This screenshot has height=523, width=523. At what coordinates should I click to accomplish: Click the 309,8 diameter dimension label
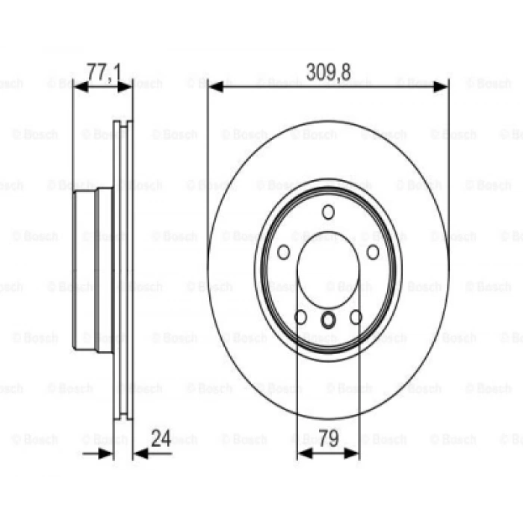328,72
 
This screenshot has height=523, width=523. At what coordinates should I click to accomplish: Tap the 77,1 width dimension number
104,72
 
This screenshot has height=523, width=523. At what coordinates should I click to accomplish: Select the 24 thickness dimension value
161,439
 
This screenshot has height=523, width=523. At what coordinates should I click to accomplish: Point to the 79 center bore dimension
329,439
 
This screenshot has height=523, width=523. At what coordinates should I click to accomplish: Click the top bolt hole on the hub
328,212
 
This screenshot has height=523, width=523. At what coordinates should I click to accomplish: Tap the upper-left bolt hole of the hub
283,253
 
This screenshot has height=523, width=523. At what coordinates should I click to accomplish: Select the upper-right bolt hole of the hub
373,253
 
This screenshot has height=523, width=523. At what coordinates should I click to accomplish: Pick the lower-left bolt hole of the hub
300,318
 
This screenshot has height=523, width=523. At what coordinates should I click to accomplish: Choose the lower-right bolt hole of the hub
356,318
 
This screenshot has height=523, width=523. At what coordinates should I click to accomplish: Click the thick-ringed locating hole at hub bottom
328,320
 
